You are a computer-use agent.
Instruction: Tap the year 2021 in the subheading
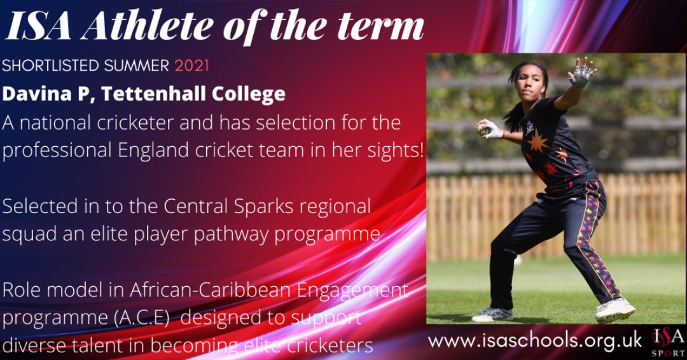(191, 66)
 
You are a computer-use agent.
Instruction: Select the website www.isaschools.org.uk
(535, 340)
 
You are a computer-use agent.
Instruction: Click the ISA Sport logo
(668, 341)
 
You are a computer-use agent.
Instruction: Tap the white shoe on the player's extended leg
(614, 310)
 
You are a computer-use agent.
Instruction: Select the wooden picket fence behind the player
(471, 216)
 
